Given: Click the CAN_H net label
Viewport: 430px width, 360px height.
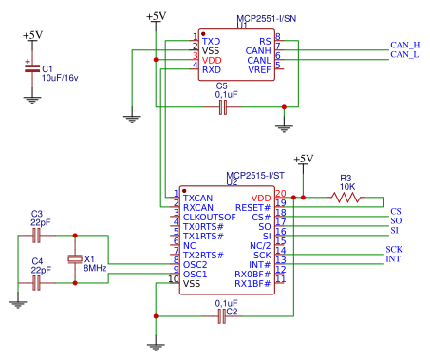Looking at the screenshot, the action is (404, 46).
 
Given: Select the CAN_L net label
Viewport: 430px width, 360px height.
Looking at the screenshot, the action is (404, 55).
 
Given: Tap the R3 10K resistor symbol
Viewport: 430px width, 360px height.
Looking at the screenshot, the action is (346, 198).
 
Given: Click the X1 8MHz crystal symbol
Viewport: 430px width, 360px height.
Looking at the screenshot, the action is (75, 259).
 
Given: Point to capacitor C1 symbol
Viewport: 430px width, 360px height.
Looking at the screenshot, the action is (32, 68).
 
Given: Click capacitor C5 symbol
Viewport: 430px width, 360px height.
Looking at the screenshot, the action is (223, 107).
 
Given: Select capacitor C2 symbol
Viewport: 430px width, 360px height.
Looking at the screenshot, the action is (222, 316).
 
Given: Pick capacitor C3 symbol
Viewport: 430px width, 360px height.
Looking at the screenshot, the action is (37, 236).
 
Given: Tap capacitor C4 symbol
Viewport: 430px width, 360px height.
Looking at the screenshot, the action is (37, 283).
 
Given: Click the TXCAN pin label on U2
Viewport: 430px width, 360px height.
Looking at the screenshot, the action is (197, 199).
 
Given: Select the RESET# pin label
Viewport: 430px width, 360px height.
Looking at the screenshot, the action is (253, 208).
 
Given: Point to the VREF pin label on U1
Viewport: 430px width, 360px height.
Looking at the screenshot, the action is (259, 69).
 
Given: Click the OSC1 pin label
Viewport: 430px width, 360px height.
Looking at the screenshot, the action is (195, 275).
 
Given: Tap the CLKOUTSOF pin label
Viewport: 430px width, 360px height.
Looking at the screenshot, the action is (210, 218).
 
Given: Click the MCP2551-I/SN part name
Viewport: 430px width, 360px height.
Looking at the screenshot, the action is (267, 19).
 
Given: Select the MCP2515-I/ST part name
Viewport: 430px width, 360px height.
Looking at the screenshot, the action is (255, 176).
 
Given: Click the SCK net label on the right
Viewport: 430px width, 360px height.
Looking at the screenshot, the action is (394, 250).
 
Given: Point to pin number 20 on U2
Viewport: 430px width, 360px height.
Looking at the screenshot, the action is (281, 193).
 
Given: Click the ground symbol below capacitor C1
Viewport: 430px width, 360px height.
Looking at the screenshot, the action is (32, 100).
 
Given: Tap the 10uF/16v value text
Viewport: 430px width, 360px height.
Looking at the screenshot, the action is (60, 78).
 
